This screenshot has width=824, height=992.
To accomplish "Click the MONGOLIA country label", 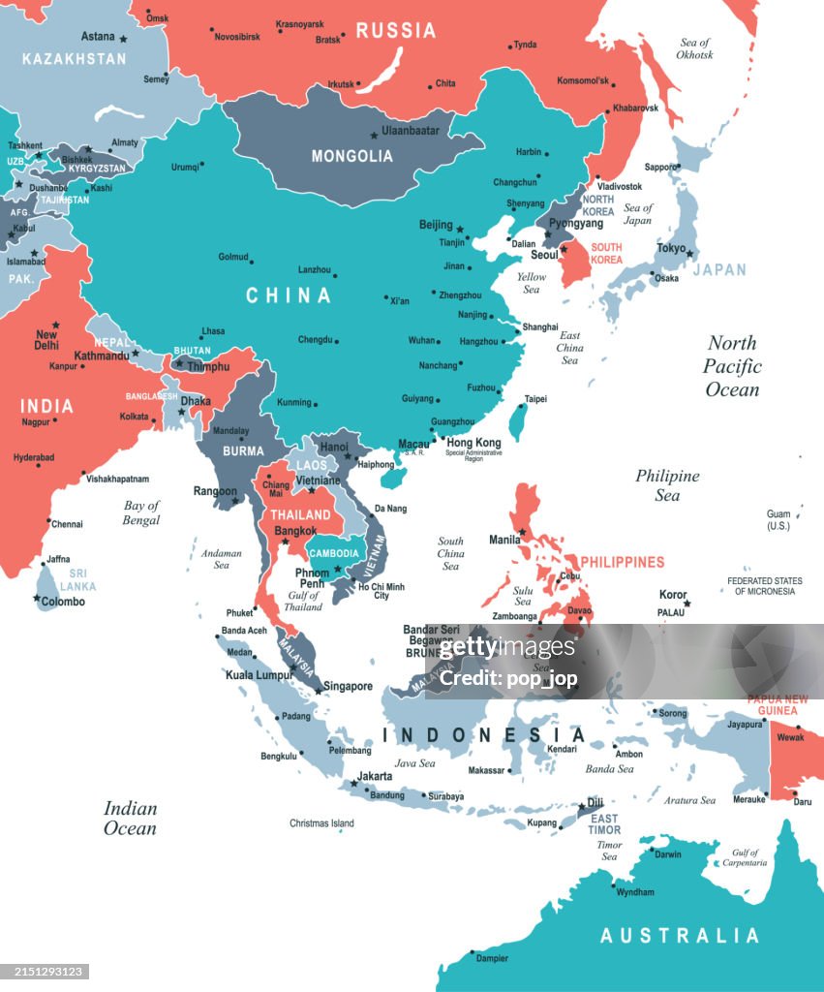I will pos(351,156).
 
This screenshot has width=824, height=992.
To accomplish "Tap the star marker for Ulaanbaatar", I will pos(375,136).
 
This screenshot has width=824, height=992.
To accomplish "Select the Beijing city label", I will pos(436,225).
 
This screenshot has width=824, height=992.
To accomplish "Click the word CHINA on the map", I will pos(289,295).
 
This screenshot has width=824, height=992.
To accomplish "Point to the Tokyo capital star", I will pos(690,253).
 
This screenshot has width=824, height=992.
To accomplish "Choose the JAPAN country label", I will pos(719,270).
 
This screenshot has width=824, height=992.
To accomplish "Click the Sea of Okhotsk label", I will pos(695,48).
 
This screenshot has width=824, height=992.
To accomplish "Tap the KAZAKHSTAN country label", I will pos(75,59).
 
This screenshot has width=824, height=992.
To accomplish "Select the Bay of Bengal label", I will pos(141,512).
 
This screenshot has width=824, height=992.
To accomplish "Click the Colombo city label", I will pos(63,602).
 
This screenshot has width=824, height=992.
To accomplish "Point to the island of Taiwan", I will pos(518,421).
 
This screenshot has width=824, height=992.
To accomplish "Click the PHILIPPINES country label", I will pos(622,562).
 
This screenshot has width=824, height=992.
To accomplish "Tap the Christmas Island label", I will pos(321,823).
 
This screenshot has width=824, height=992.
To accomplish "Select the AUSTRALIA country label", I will pos(680,936).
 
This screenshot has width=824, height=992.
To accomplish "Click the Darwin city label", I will pos(668,854).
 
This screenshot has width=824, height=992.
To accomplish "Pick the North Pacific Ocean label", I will pos(732,366).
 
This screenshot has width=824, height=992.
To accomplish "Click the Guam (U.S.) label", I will pos(778,520).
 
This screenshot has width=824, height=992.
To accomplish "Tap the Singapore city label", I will pos(348,687).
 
